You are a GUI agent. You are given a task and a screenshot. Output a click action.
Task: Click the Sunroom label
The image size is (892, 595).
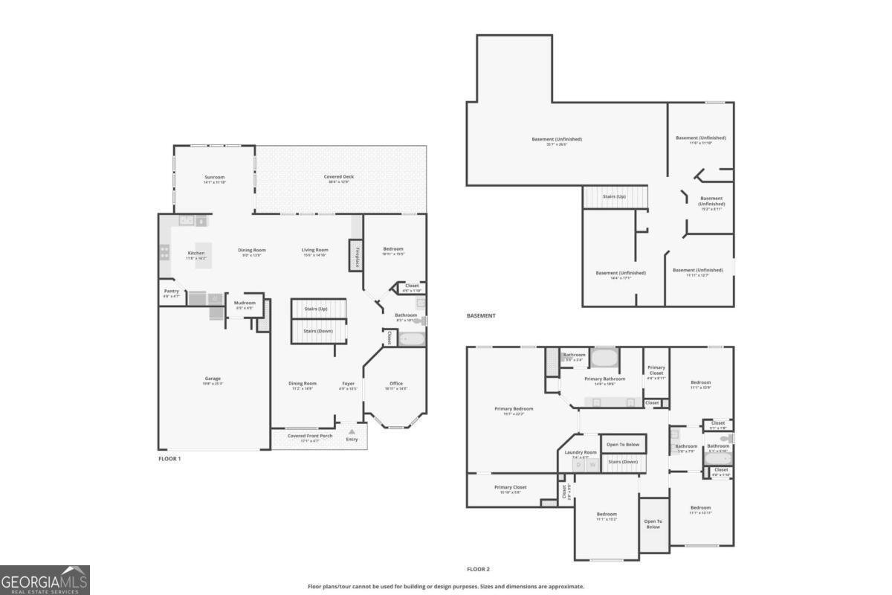[214, 177]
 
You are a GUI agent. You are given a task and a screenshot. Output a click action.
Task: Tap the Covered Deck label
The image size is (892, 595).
[339, 177]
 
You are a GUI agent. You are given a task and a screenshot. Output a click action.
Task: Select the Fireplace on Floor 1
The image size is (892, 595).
[356, 256]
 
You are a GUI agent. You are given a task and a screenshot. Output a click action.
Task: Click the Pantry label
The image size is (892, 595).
[171, 292]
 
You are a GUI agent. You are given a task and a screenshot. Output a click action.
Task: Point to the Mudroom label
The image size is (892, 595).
[245, 303]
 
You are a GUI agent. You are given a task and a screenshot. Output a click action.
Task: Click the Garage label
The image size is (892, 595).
[213, 379]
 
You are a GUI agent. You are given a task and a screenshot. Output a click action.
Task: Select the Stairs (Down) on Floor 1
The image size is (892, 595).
[319, 331]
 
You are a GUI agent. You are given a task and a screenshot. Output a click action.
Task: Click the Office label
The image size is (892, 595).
[396, 384]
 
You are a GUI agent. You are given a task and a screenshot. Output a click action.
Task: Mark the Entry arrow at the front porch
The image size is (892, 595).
[352, 431]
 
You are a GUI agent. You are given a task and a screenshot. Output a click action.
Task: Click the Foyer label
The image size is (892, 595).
[349, 384]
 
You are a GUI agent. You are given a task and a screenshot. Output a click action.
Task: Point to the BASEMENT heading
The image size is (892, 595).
[481, 315]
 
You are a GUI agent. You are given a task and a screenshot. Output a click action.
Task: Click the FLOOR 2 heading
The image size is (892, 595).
[478, 569]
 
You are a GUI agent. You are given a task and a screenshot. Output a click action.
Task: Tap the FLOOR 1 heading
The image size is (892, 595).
[169, 459]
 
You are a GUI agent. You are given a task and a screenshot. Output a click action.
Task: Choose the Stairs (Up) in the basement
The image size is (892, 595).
[615, 198]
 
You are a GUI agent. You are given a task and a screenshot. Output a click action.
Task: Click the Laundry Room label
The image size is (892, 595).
[581, 452]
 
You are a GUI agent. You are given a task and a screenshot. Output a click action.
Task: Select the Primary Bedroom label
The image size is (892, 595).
[514, 409]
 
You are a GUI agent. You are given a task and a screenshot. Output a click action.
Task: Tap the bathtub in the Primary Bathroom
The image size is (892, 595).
[604, 358]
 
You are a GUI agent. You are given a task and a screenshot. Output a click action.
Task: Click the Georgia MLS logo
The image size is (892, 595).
[45, 579]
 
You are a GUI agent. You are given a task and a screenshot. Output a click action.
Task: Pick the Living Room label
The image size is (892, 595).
[314, 250]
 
